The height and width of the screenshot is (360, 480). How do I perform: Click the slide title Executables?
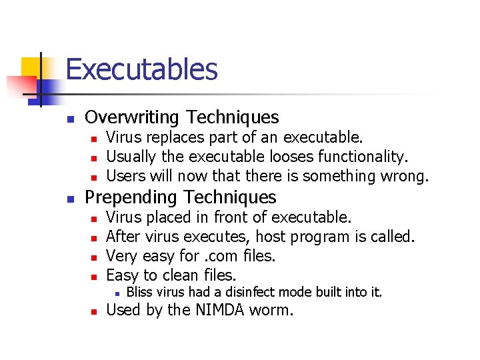pyautogui.click(x=141, y=69)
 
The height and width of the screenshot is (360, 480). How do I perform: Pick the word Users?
pyautogui.click(x=123, y=176)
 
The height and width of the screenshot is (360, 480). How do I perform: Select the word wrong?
pyautogui.click(x=405, y=176)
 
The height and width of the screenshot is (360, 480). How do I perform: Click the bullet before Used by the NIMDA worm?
pyautogui.click(x=94, y=311)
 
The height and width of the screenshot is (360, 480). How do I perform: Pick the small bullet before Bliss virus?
pyautogui.click(x=116, y=293)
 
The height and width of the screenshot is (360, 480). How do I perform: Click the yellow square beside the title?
pyautogui.click(x=31, y=67)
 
